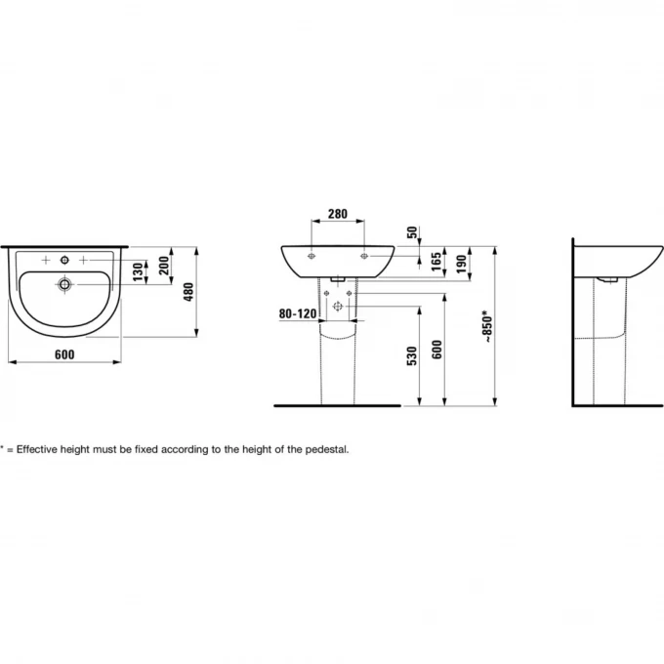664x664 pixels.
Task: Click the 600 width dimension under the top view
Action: tap(65, 354)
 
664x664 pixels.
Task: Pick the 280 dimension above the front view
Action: tap(337, 214)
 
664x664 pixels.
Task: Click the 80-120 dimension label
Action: tap(297, 314)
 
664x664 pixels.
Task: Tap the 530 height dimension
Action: tap(412, 356)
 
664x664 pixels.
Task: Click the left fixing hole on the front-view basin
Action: tap(311, 256)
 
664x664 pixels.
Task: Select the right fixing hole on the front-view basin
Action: tap(363, 256)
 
